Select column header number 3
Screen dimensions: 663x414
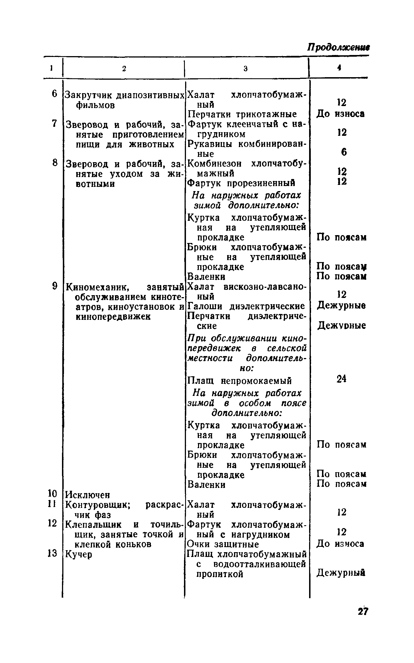click(x=246, y=69)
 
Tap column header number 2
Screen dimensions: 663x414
click(x=124, y=69)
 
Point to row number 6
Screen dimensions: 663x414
click(x=54, y=94)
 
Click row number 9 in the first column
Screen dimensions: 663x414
click(x=54, y=286)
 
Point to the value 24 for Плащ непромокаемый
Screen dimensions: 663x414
click(x=341, y=379)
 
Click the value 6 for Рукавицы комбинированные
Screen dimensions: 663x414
click(x=344, y=152)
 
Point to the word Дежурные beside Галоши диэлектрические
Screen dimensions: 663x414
click(x=341, y=306)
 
